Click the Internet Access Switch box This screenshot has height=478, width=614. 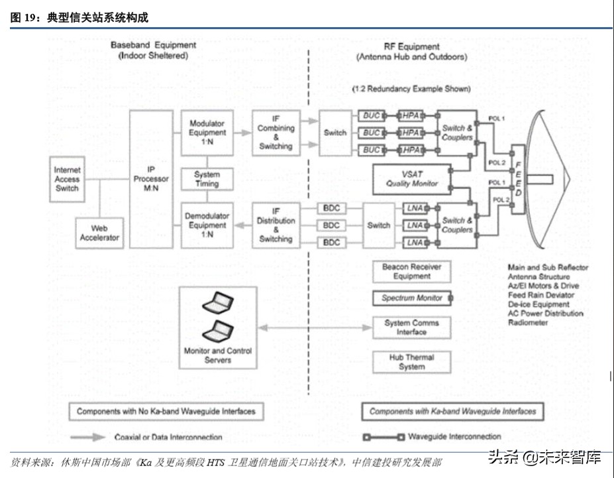(x=67, y=179)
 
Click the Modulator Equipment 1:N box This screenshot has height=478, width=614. (x=207, y=133)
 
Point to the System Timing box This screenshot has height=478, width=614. (x=207, y=179)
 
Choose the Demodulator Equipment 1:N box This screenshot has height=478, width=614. (x=207, y=225)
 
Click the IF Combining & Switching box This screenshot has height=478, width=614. (x=276, y=133)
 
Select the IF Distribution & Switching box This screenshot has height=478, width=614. (x=276, y=225)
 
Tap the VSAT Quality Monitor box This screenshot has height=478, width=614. (x=412, y=179)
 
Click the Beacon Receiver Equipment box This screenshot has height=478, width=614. (x=412, y=271)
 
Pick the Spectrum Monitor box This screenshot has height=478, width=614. (x=412, y=298)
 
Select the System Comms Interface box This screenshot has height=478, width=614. (x=412, y=327)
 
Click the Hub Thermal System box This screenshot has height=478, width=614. (x=412, y=362)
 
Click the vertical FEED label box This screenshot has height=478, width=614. (x=519, y=179)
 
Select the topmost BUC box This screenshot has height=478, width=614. (x=372, y=116)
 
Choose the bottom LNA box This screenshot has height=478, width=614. (x=415, y=243)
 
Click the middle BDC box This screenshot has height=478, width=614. (x=331, y=225)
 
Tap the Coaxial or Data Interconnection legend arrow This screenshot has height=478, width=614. (x=89, y=437)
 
